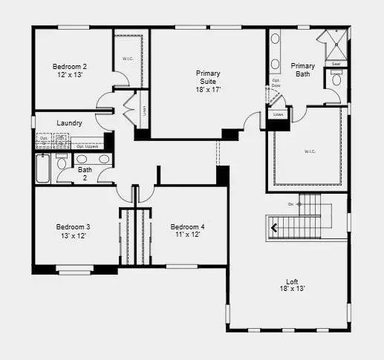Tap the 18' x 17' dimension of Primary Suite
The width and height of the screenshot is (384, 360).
[208, 89]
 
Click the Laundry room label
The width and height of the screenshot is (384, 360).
[68, 122]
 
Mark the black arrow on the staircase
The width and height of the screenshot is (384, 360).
[275, 229]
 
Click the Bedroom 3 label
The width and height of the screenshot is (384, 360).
[73, 226]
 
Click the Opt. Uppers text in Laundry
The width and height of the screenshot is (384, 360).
[86, 146]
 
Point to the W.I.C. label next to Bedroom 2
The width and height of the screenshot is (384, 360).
[127, 59]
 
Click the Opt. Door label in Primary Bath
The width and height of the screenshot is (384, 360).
[276, 83]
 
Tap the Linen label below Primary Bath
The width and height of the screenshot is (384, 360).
[279, 115]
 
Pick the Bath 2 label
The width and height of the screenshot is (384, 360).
[85, 173]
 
